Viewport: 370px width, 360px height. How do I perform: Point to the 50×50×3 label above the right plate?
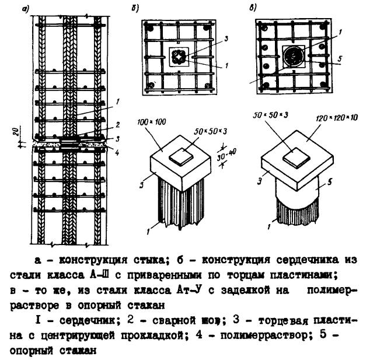pos(274,118)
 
